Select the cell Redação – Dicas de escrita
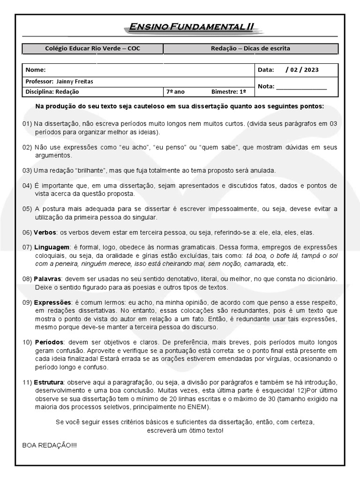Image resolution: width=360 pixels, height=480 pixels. (250, 48)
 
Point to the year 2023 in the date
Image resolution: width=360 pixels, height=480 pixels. (311, 70)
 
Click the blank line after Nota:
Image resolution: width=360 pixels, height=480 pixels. (301, 87)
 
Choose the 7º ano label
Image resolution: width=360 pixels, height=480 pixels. (174, 92)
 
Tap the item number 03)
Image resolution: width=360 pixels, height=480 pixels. (27, 170)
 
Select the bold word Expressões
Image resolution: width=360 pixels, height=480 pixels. (52, 303)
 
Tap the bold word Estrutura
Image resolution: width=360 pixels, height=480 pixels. (49, 383)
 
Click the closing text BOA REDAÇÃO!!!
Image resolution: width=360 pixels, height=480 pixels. (50, 445)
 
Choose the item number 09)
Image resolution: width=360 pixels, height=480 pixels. (27, 303)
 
